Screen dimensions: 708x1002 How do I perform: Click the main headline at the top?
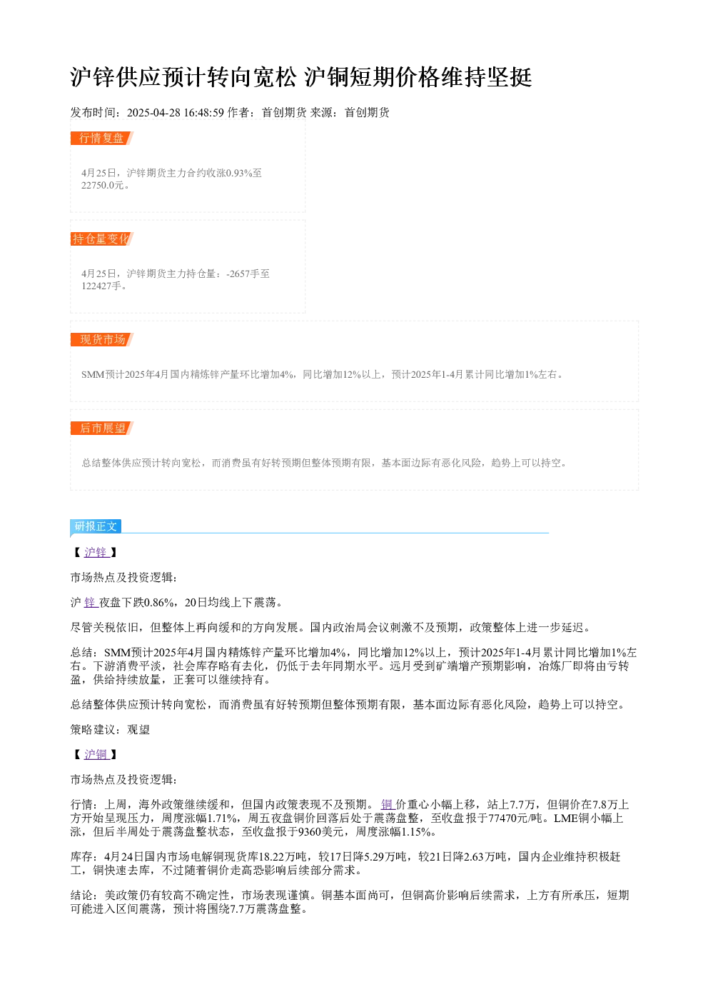tap(300, 77)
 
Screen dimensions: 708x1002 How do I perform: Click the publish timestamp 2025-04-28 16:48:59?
tap(175, 112)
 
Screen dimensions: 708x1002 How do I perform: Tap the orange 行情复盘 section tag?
tap(101, 139)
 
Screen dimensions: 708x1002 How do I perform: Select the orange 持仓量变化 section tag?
tap(101, 239)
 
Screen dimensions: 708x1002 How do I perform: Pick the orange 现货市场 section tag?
tap(101, 339)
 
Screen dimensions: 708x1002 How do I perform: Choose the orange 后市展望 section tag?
tap(101, 428)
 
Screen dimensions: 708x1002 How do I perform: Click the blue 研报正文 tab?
tap(96, 526)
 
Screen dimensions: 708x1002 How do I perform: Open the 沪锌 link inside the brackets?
tap(96, 553)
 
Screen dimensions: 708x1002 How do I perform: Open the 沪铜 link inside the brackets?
tap(96, 755)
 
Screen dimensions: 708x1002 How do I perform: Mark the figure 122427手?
tap(101, 286)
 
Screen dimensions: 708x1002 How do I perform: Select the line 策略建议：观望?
tap(110, 730)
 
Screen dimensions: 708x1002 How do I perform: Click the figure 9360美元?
tap(321, 831)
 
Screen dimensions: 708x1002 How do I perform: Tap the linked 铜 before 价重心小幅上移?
tap(387, 805)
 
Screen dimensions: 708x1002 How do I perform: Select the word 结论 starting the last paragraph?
tap(81, 895)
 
